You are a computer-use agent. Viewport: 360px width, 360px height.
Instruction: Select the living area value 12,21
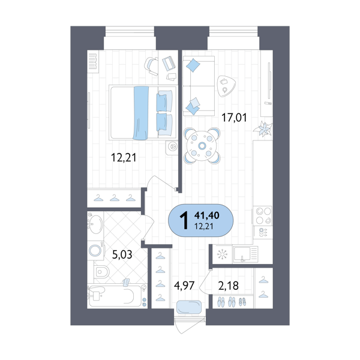(x=203, y=226)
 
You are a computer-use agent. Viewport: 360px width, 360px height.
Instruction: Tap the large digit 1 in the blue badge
(x=184, y=220)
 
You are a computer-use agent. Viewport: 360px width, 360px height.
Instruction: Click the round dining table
(x=203, y=146)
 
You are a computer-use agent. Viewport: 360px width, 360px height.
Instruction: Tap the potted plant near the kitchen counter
(x=264, y=128)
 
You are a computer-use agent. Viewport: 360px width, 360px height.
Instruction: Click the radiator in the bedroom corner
(x=92, y=62)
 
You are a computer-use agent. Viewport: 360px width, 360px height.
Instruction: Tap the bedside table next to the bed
(x=173, y=146)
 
